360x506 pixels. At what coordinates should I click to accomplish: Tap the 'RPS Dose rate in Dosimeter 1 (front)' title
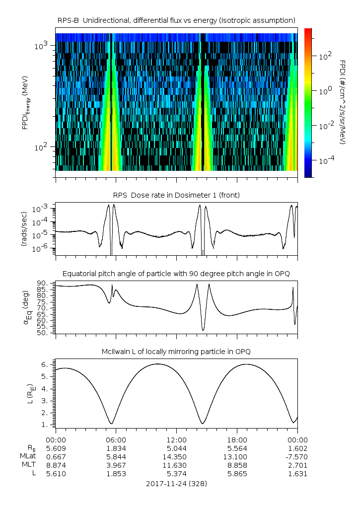click(176, 195)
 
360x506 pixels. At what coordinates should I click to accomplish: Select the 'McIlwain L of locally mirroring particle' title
click(176, 352)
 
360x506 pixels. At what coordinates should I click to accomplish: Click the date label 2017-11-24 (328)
click(176, 483)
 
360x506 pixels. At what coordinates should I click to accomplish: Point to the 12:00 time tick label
click(176, 439)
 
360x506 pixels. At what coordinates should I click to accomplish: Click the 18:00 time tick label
click(237, 439)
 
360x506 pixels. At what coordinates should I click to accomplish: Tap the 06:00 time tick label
click(116, 439)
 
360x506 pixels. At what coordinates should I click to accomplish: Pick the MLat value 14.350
click(176, 456)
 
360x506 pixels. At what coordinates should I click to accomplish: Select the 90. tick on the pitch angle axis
click(42, 283)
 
